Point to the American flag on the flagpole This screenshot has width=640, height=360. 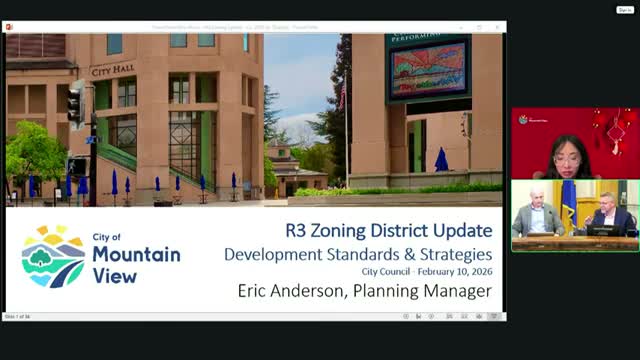point(342,97)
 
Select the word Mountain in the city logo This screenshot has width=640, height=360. point(137,254)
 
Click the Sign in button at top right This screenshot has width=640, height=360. point(624,9)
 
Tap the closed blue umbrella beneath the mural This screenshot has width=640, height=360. point(441,160)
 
